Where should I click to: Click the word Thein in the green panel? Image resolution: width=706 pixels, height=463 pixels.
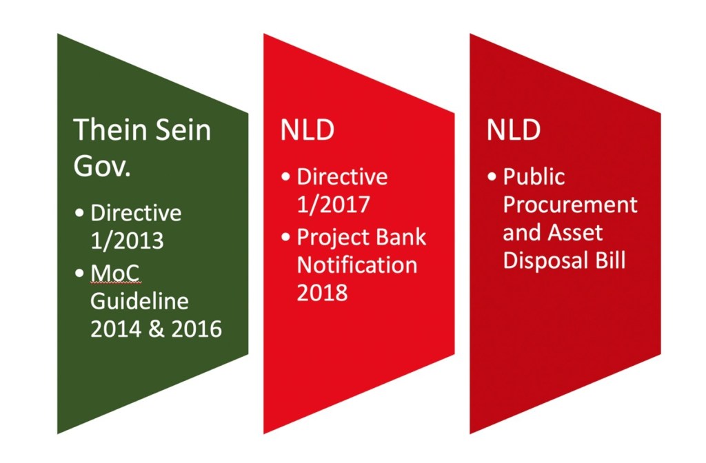pyautogui.click(x=111, y=130)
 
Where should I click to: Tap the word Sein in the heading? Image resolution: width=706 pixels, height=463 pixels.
pyautogui.click(x=183, y=130)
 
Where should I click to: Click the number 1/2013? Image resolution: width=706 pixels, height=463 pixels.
pyautogui.click(x=127, y=240)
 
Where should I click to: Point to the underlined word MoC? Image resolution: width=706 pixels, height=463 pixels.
pyautogui.click(x=115, y=272)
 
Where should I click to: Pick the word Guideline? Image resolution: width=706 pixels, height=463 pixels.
pyautogui.click(x=139, y=302)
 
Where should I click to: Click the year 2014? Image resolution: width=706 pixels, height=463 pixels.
pyautogui.click(x=115, y=329)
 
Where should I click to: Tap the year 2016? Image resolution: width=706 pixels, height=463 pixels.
pyautogui.click(x=196, y=329)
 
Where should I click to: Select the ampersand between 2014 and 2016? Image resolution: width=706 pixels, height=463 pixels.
pyautogui.click(x=156, y=329)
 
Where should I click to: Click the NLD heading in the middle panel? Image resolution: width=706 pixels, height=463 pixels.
pyautogui.click(x=307, y=130)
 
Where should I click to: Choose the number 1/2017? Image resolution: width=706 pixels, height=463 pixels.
pyautogui.click(x=334, y=204)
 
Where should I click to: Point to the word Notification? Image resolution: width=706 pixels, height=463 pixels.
pyautogui.click(x=357, y=265)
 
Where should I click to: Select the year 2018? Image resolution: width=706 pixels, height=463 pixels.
pyautogui.click(x=323, y=292)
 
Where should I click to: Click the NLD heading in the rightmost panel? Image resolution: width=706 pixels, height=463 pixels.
pyautogui.click(x=513, y=130)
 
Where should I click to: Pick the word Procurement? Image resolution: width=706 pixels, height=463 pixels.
pyautogui.click(x=570, y=205)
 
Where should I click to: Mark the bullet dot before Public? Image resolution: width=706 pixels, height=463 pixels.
pyautogui.click(x=492, y=176)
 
